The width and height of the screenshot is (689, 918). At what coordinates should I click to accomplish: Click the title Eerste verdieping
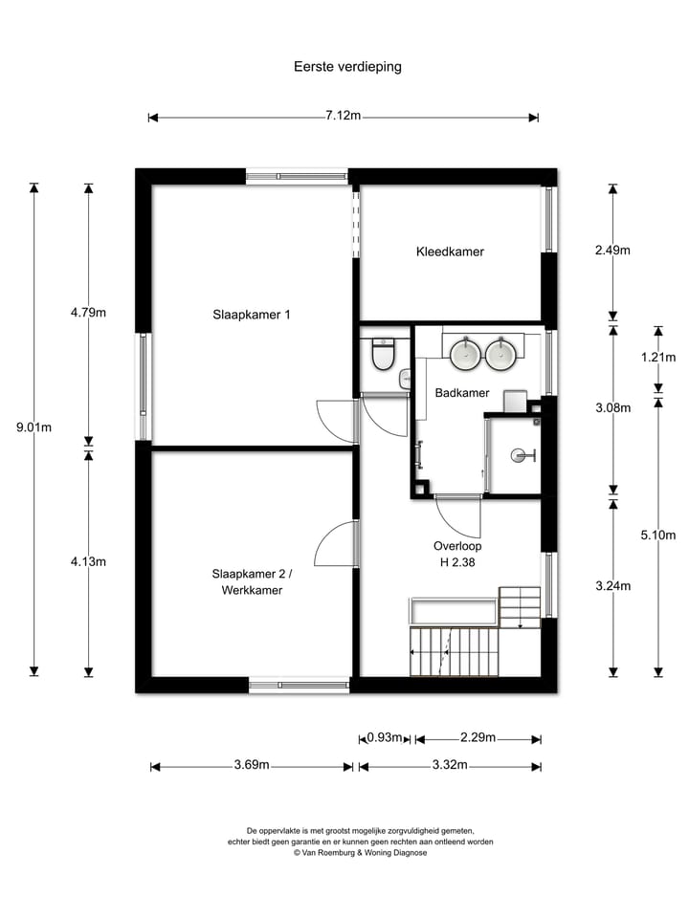click(x=346, y=67)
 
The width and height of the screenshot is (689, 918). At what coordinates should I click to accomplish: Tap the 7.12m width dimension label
click(x=343, y=116)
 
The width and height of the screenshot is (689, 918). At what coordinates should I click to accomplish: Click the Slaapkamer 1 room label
click(x=251, y=314)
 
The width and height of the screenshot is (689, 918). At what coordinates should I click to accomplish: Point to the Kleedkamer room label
click(x=450, y=251)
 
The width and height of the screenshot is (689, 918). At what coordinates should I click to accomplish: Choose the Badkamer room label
click(x=462, y=393)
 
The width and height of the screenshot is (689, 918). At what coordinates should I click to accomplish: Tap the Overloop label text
click(x=455, y=546)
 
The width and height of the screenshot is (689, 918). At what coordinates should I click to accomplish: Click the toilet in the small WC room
click(x=383, y=355)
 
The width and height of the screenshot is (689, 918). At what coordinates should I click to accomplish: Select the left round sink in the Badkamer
click(x=466, y=354)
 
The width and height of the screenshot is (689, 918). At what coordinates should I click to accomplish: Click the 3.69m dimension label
click(x=252, y=765)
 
